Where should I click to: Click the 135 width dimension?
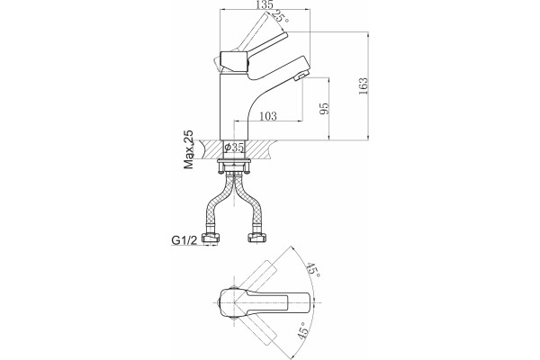pos(265,4)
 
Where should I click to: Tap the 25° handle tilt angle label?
pos(280,16)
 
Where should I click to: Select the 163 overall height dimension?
pos(363,86)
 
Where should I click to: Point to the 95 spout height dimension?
pos(324,109)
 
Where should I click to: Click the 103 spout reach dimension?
pos(267,116)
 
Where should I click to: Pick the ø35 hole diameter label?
pos(234,148)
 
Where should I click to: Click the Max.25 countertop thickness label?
pos(189,149)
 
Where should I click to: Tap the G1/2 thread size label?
pos(184,240)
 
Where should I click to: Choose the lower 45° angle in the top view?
pos(303,331)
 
